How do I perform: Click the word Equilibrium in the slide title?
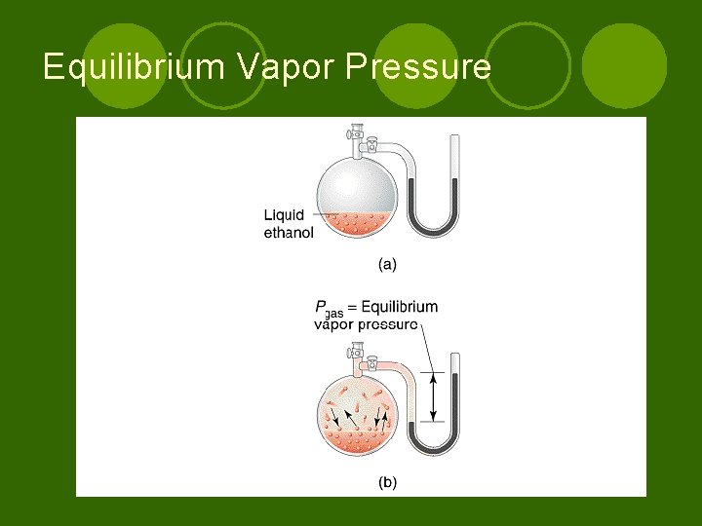tap(125, 67)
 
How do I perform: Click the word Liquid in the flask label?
tap(284, 215)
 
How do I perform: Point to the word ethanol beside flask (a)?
tap(289, 233)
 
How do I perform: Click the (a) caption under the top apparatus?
tap(387, 263)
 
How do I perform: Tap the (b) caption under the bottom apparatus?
tap(387, 481)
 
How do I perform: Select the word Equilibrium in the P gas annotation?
tap(400, 307)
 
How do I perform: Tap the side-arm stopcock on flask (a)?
tap(371, 147)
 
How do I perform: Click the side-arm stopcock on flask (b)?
tap(371, 365)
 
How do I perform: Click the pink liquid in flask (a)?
tap(357, 223)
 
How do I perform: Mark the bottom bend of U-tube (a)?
tap(434, 233)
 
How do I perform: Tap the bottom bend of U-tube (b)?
tap(434, 450)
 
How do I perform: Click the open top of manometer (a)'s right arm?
tap(453, 142)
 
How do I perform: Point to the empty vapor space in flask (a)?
tap(357, 180)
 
